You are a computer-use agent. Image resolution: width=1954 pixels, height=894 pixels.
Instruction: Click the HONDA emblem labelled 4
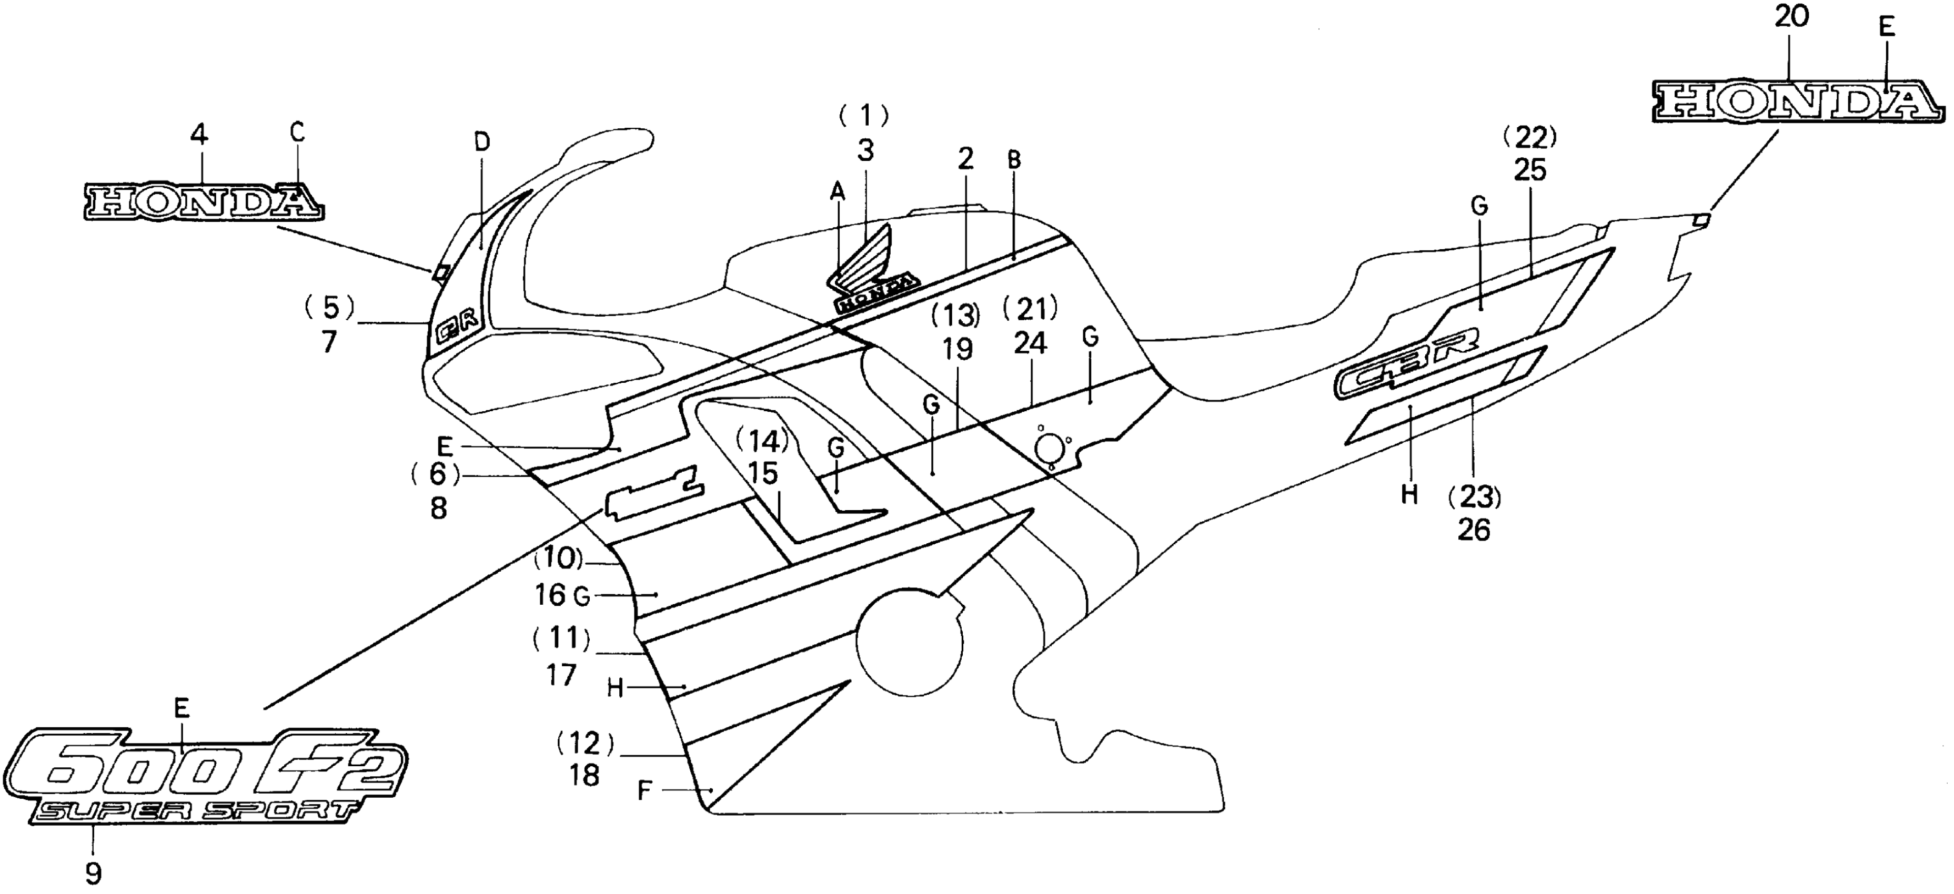pyautogui.click(x=202, y=202)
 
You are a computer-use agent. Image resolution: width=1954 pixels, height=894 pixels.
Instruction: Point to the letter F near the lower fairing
pyautogui.click(x=644, y=791)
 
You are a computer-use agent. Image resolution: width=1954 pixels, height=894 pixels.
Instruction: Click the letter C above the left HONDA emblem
pyautogui.click(x=297, y=133)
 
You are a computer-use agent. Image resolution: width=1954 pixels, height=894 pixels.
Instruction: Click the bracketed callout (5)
pyautogui.click(x=328, y=307)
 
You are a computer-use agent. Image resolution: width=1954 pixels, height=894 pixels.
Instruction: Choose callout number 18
pyautogui.click(x=584, y=775)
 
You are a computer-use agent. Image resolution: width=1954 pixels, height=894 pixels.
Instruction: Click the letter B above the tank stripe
pyautogui.click(x=1014, y=160)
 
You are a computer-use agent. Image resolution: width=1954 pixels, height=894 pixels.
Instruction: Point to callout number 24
pyautogui.click(x=1030, y=343)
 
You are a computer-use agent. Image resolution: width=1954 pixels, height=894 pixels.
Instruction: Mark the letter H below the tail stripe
pyautogui.click(x=1408, y=495)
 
